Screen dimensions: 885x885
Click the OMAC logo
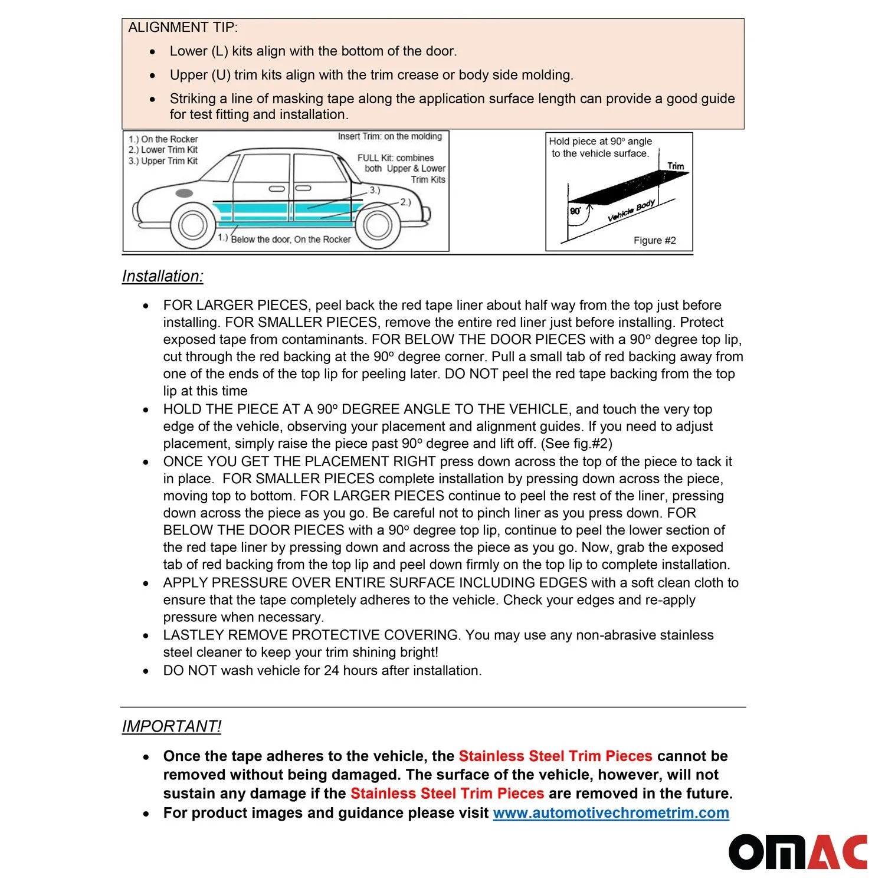(798, 851)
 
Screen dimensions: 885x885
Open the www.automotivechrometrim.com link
(611, 813)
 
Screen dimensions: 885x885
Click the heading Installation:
(162, 276)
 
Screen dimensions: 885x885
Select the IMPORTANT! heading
(172, 726)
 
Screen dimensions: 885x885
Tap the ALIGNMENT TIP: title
(183, 28)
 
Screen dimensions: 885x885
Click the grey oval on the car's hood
(184, 193)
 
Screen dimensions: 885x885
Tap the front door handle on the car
(276, 189)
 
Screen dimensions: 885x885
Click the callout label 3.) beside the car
(375, 190)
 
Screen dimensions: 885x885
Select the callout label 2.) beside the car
(405, 202)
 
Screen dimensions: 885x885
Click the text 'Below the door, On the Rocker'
(290, 240)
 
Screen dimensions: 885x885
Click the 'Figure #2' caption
(654, 241)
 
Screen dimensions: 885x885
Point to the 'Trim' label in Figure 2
(676, 166)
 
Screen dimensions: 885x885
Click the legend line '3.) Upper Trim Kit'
(163, 161)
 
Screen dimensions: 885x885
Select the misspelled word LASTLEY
(194, 635)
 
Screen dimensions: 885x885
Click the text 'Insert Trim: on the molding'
(389, 137)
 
